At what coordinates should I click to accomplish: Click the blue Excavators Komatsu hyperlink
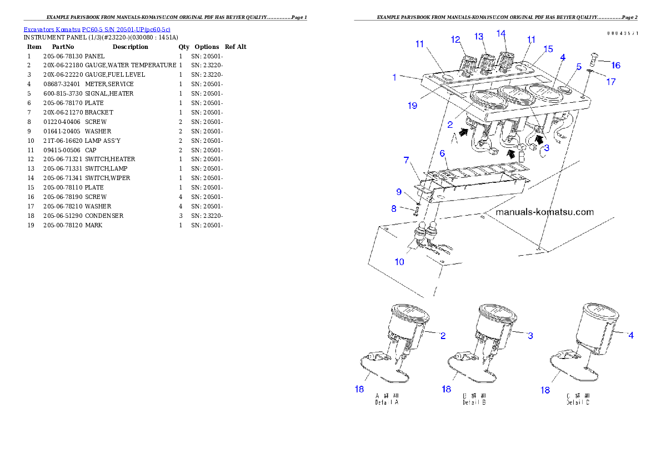click(x=97, y=29)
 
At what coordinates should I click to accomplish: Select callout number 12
click(x=456, y=39)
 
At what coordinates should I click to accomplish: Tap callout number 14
click(x=501, y=34)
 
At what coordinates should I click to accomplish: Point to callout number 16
click(x=615, y=65)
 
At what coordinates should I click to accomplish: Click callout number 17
click(x=610, y=81)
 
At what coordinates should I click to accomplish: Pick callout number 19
click(x=412, y=105)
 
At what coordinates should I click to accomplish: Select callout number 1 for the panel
click(x=394, y=77)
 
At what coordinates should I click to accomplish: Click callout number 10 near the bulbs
click(x=399, y=261)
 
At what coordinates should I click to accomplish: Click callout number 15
click(x=548, y=49)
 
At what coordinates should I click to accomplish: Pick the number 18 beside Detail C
click(x=545, y=390)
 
